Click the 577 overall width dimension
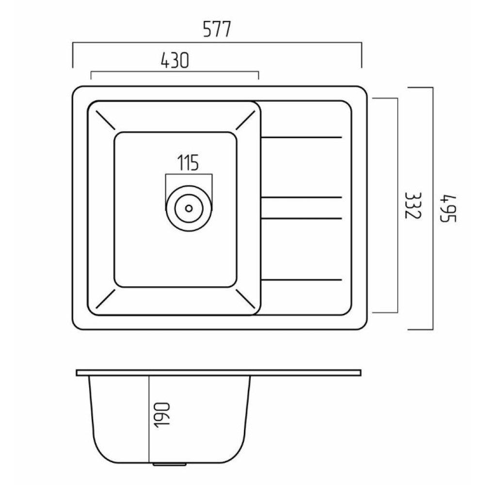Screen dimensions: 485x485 (217, 29)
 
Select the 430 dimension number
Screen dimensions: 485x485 (175, 60)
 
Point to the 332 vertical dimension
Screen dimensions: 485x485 (413, 205)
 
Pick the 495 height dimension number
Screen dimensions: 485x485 (448, 208)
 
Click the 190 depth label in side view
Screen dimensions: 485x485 (162, 415)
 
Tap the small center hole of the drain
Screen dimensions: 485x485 (189, 208)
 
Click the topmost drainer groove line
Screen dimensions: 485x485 (302, 137)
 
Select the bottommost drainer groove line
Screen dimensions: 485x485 (302, 280)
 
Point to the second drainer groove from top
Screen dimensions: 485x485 (302, 197)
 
